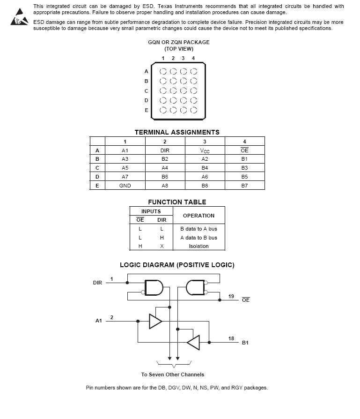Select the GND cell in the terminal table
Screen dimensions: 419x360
pos(125,186)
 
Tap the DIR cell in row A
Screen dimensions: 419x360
pos(165,150)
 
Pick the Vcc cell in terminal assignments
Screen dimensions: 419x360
pos(205,150)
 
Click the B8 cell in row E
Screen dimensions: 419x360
pos(205,186)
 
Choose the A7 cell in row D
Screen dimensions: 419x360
pos(125,177)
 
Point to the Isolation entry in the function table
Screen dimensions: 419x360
pos(198,246)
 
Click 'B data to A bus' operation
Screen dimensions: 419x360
pos(198,229)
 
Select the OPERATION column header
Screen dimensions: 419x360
pos(198,216)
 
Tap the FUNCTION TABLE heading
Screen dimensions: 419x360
pos(177,202)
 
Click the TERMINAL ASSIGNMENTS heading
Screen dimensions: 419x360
pos(177,132)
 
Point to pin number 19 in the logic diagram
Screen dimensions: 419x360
pos(231,296)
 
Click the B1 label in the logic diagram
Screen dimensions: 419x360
pos(245,343)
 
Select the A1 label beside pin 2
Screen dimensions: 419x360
pos(99,321)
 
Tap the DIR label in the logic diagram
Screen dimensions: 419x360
pos(97,283)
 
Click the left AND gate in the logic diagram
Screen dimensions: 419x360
pos(154,288)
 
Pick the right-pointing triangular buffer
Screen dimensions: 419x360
pos(155,321)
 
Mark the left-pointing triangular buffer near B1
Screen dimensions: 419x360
pos(193,343)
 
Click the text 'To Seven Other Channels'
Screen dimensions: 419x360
pos(173,374)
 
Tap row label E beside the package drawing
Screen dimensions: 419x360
pos(147,111)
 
